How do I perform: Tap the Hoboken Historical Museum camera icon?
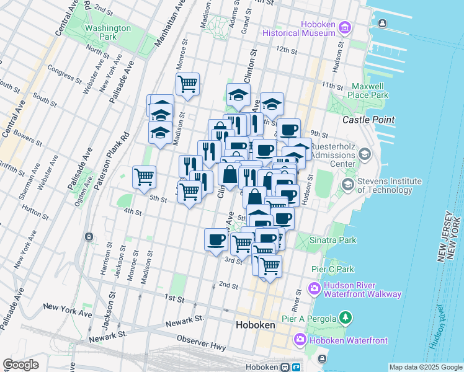[x=346, y=28]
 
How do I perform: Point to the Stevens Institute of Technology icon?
[x=347, y=184]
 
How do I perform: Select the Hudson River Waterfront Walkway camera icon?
[x=315, y=289]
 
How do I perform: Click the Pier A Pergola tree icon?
[x=346, y=319]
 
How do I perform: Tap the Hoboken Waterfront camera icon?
[x=300, y=340]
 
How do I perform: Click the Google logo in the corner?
[x=20, y=365]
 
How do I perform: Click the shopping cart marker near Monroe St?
[x=187, y=83]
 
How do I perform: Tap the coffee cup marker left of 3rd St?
[x=216, y=239]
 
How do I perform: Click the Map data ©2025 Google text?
[x=426, y=367]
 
